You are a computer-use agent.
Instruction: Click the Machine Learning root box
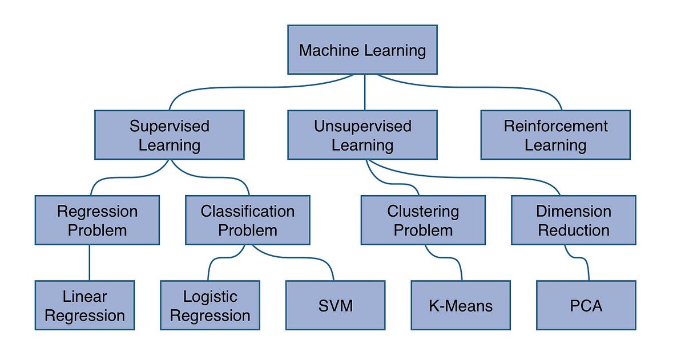[x=362, y=50]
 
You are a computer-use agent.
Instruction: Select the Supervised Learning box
[x=170, y=135]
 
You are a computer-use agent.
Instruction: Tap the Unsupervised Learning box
[x=362, y=135]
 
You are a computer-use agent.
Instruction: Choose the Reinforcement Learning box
[x=555, y=135]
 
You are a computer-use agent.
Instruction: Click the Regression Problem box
[x=97, y=220]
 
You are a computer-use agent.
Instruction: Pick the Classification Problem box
[x=248, y=220]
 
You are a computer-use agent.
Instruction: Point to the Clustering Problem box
[x=423, y=220]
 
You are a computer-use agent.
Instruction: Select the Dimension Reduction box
[x=573, y=220]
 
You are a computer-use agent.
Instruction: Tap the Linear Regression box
[x=84, y=305]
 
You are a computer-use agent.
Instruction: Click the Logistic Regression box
[x=210, y=305]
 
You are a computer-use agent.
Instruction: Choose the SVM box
[x=335, y=305]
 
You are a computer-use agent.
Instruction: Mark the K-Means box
[x=461, y=305]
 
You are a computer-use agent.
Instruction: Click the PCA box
[x=586, y=305]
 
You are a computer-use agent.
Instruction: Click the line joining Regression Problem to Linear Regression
[x=89, y=262]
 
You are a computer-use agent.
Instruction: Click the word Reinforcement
[x=555, y=126]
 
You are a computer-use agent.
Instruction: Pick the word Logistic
[x=210, y=297]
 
